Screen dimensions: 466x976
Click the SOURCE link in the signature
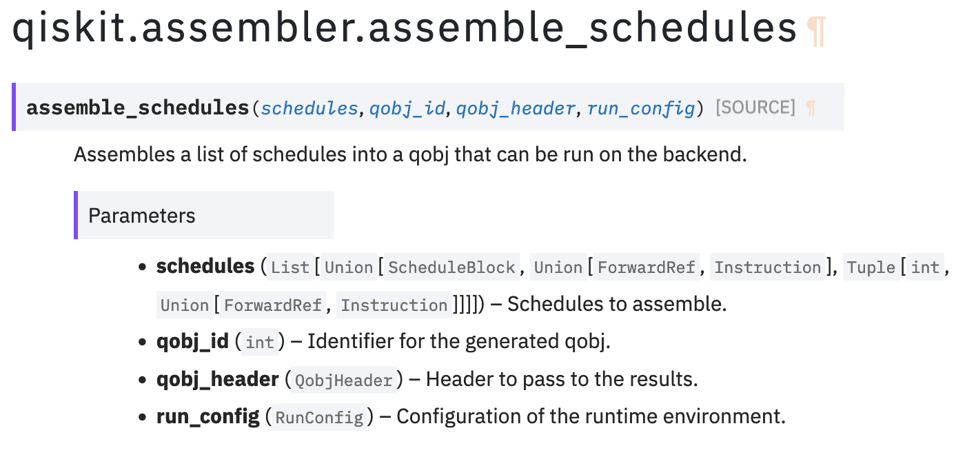pos(755,108)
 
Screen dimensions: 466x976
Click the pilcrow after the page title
pos(816,31)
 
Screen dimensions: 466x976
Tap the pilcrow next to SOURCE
pos(811,108)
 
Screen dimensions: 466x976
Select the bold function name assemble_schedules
pos(138,108)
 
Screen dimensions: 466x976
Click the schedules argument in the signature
pos(309,108)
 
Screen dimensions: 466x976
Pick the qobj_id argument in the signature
pos(407,108)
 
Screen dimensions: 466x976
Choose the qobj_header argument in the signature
pos(516,108)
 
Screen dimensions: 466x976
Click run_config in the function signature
pos(641,108)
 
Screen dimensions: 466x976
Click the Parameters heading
pos(142,216)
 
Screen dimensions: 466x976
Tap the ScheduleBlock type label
pos(451,267)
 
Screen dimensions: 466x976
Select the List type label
pos(290,267)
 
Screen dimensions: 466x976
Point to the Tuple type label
pos(871,267)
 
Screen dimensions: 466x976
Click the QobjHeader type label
pos(343,380)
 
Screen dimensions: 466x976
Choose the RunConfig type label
pos(319,418)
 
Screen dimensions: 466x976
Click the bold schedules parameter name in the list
pos(205,266)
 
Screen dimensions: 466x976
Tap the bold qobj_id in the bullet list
pos(192,341)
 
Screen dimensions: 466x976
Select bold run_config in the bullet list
pos(207,416)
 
